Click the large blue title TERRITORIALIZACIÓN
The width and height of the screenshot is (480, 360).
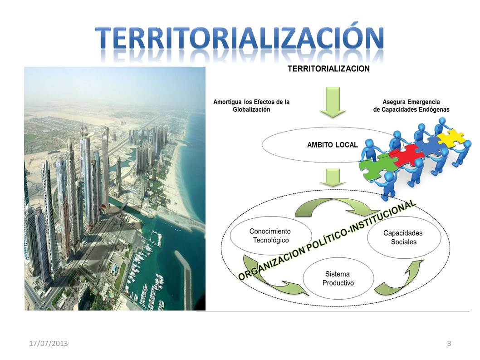(240, 38)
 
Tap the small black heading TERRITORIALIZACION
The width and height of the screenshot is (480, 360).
(328, 69)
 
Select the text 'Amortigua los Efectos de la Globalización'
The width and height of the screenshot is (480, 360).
(251, 106)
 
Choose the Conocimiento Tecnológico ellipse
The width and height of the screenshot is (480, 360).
(270, 235)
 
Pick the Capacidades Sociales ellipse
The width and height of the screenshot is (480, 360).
(403, 237)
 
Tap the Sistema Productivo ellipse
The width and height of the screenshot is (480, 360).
(338, 278)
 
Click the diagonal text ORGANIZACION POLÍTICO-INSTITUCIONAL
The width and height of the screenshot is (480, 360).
(327, 240)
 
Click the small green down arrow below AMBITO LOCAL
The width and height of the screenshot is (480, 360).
(331, 177)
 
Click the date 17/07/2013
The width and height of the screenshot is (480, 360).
(45, 343)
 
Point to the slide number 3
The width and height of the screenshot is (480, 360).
(449, 343)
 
